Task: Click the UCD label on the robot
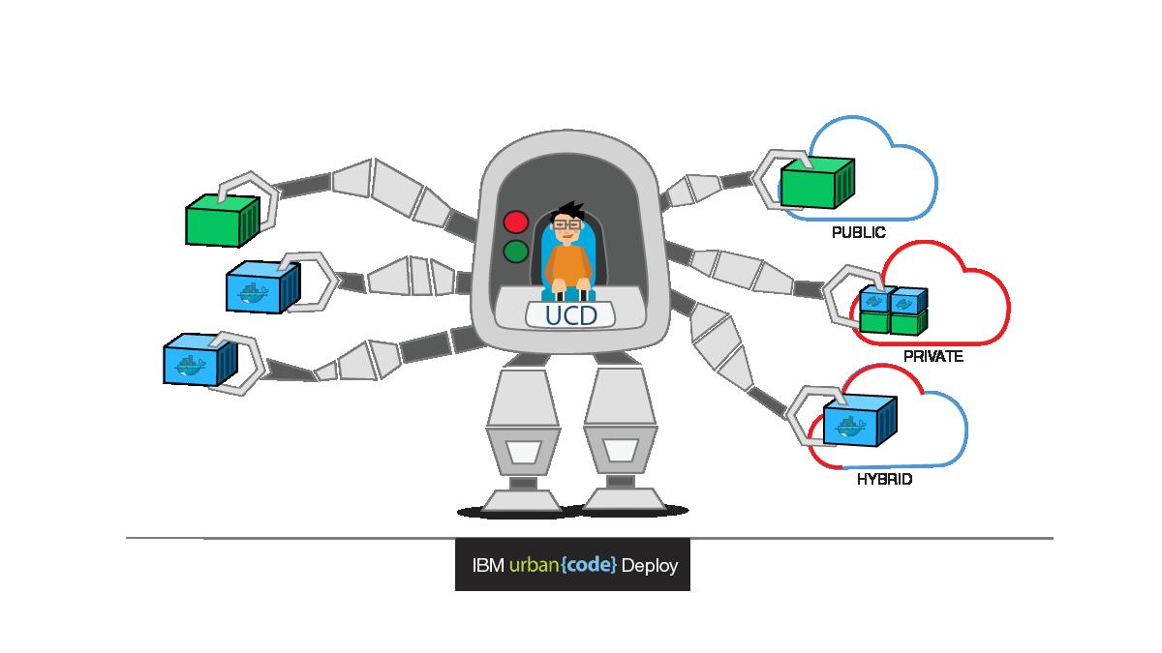coord(571,315)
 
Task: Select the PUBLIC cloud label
coord(859,233)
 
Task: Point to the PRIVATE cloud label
coord(933,356)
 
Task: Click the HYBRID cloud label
coord(885,479)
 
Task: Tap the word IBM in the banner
coord(487,565)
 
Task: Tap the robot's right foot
coord(625,498)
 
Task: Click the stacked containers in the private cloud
coord(892,309)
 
